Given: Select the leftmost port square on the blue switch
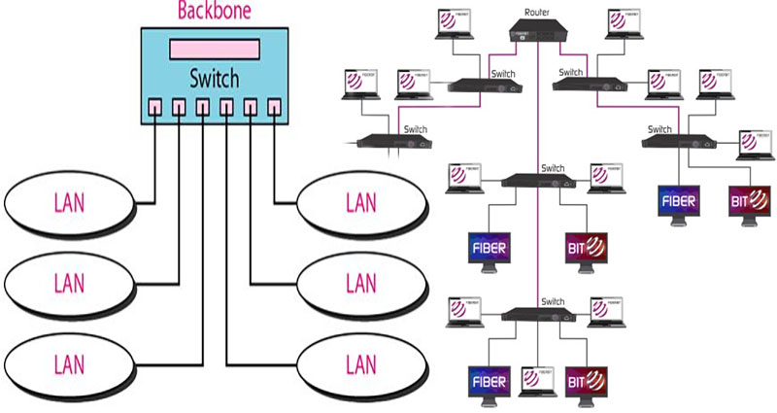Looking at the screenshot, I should (155, 106).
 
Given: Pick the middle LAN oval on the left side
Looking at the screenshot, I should (69, 284).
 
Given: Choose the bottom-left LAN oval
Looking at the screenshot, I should (69, 364).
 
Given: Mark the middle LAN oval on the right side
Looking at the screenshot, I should (361, 284).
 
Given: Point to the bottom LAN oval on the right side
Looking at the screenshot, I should (361, 364).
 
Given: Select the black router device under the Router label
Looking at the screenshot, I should (537, 32).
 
